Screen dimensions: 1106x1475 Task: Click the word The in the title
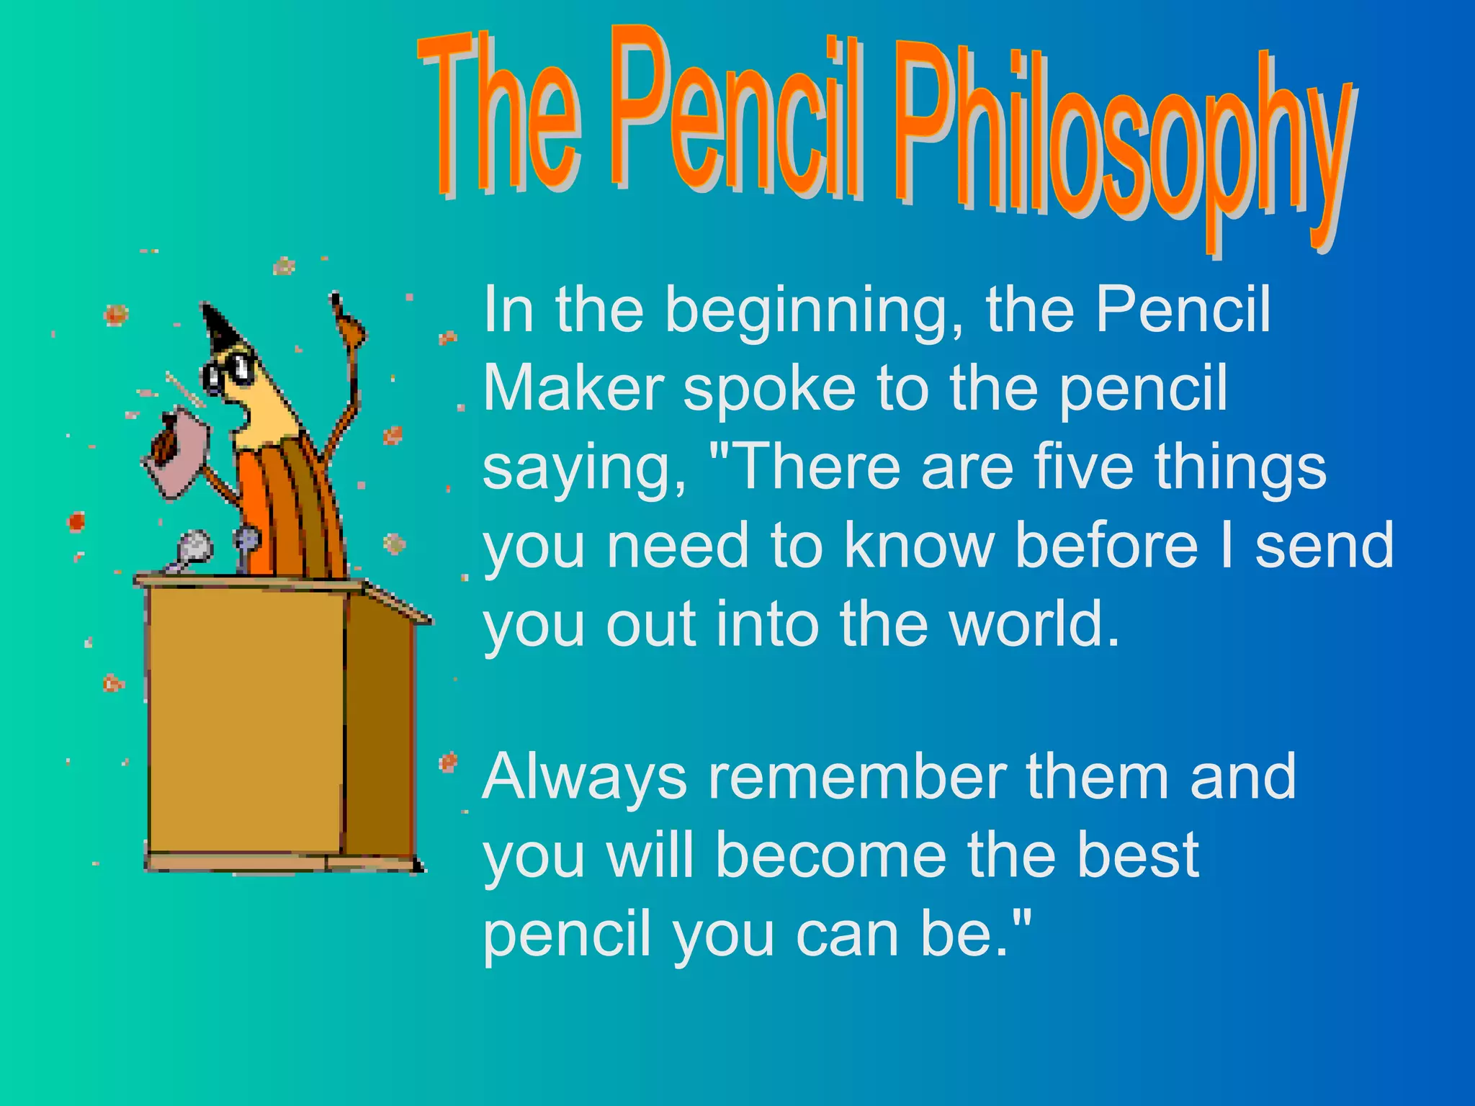point(504,115)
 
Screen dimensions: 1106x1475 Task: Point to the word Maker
point(573,389)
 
